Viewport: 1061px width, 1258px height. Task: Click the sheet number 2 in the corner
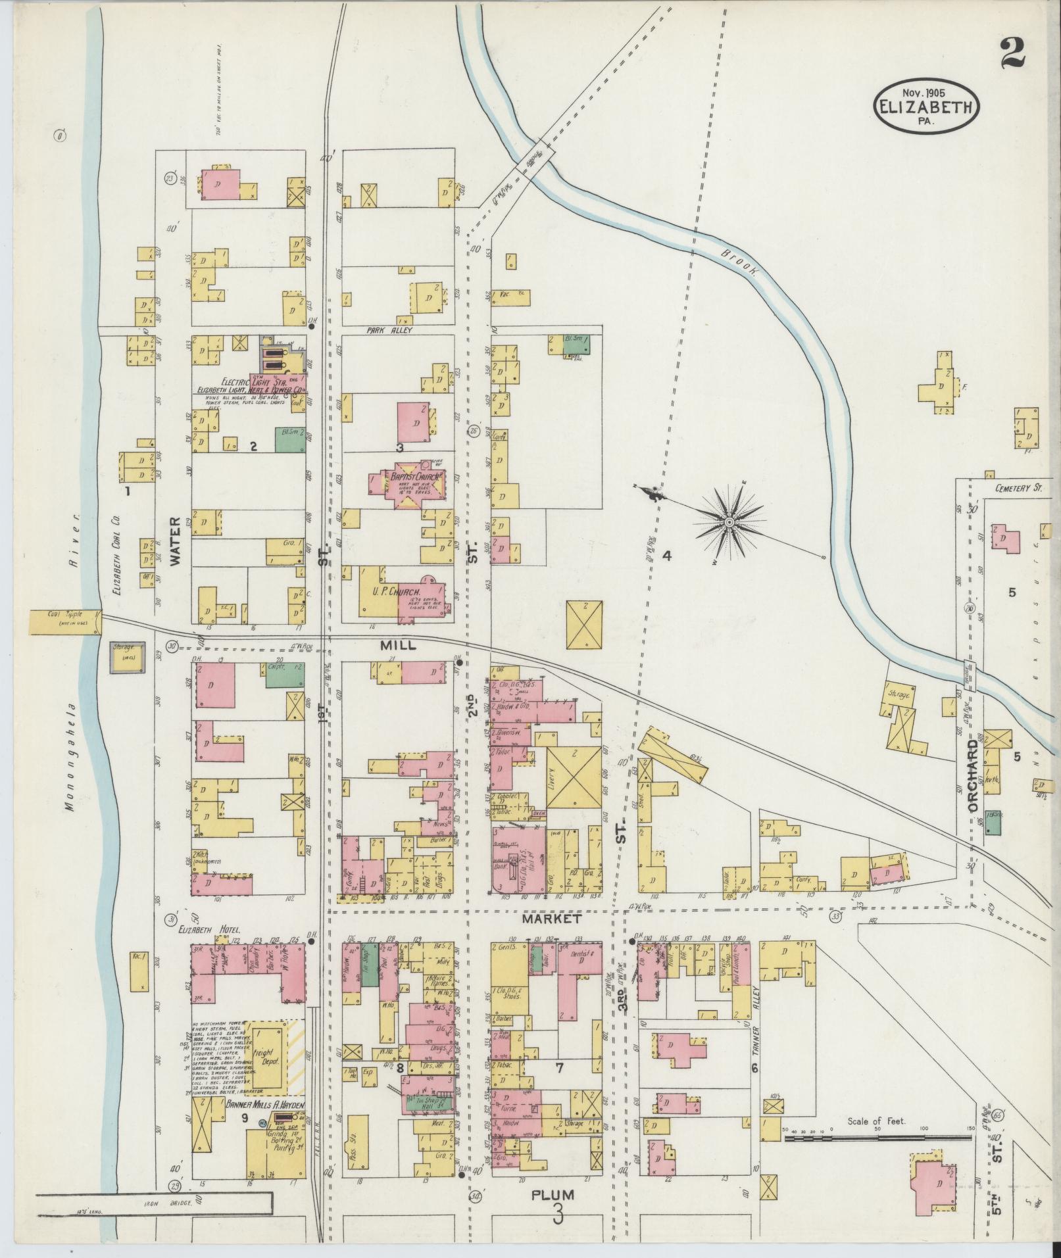pyautogui.click(x=1013, y=54)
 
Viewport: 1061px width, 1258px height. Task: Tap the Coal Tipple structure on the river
pyautogui.click(x=64, y=621)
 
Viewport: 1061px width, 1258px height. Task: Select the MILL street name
pyautogui.click(x=398, y=646)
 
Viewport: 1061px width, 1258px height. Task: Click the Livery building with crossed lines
pyautogui.click(x=574, y=777)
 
